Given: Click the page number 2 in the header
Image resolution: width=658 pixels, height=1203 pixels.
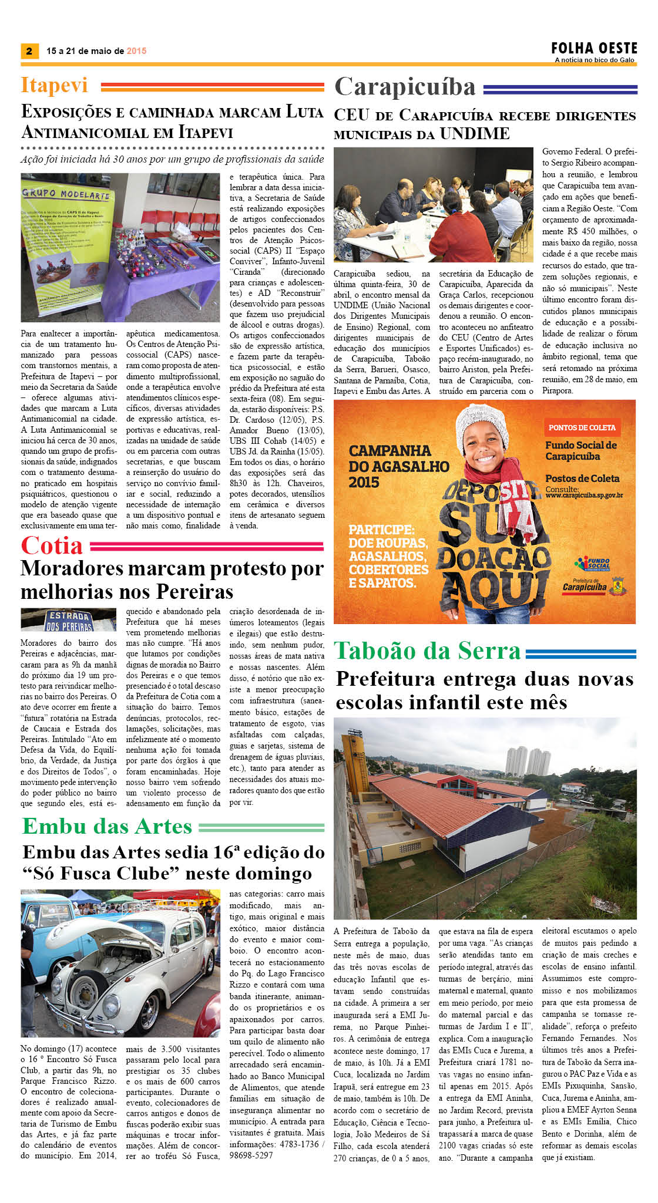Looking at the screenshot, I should click(29, 51).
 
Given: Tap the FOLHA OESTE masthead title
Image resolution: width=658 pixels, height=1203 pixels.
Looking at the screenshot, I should click(594, 48).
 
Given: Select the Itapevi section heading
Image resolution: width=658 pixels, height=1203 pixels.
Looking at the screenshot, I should click(54, 85).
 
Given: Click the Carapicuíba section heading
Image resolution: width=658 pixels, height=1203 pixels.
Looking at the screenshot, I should click(405, 87).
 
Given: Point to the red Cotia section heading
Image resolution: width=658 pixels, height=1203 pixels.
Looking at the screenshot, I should click(52, 545).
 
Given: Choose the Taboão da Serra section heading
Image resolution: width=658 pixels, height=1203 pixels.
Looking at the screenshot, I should click(427, 651).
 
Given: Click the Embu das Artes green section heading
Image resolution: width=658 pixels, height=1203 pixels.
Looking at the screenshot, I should click(107, 826).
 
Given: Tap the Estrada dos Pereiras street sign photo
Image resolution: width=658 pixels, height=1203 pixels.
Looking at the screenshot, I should click(68, 619).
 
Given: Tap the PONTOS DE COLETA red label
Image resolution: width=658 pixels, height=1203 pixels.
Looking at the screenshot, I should click(582, 427).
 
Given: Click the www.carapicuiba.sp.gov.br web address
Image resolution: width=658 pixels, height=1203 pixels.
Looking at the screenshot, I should click(584, 496).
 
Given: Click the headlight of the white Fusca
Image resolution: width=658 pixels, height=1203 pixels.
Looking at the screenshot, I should click(93, 992).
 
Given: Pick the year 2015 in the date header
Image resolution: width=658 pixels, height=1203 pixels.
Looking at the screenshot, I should click(136, 51).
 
